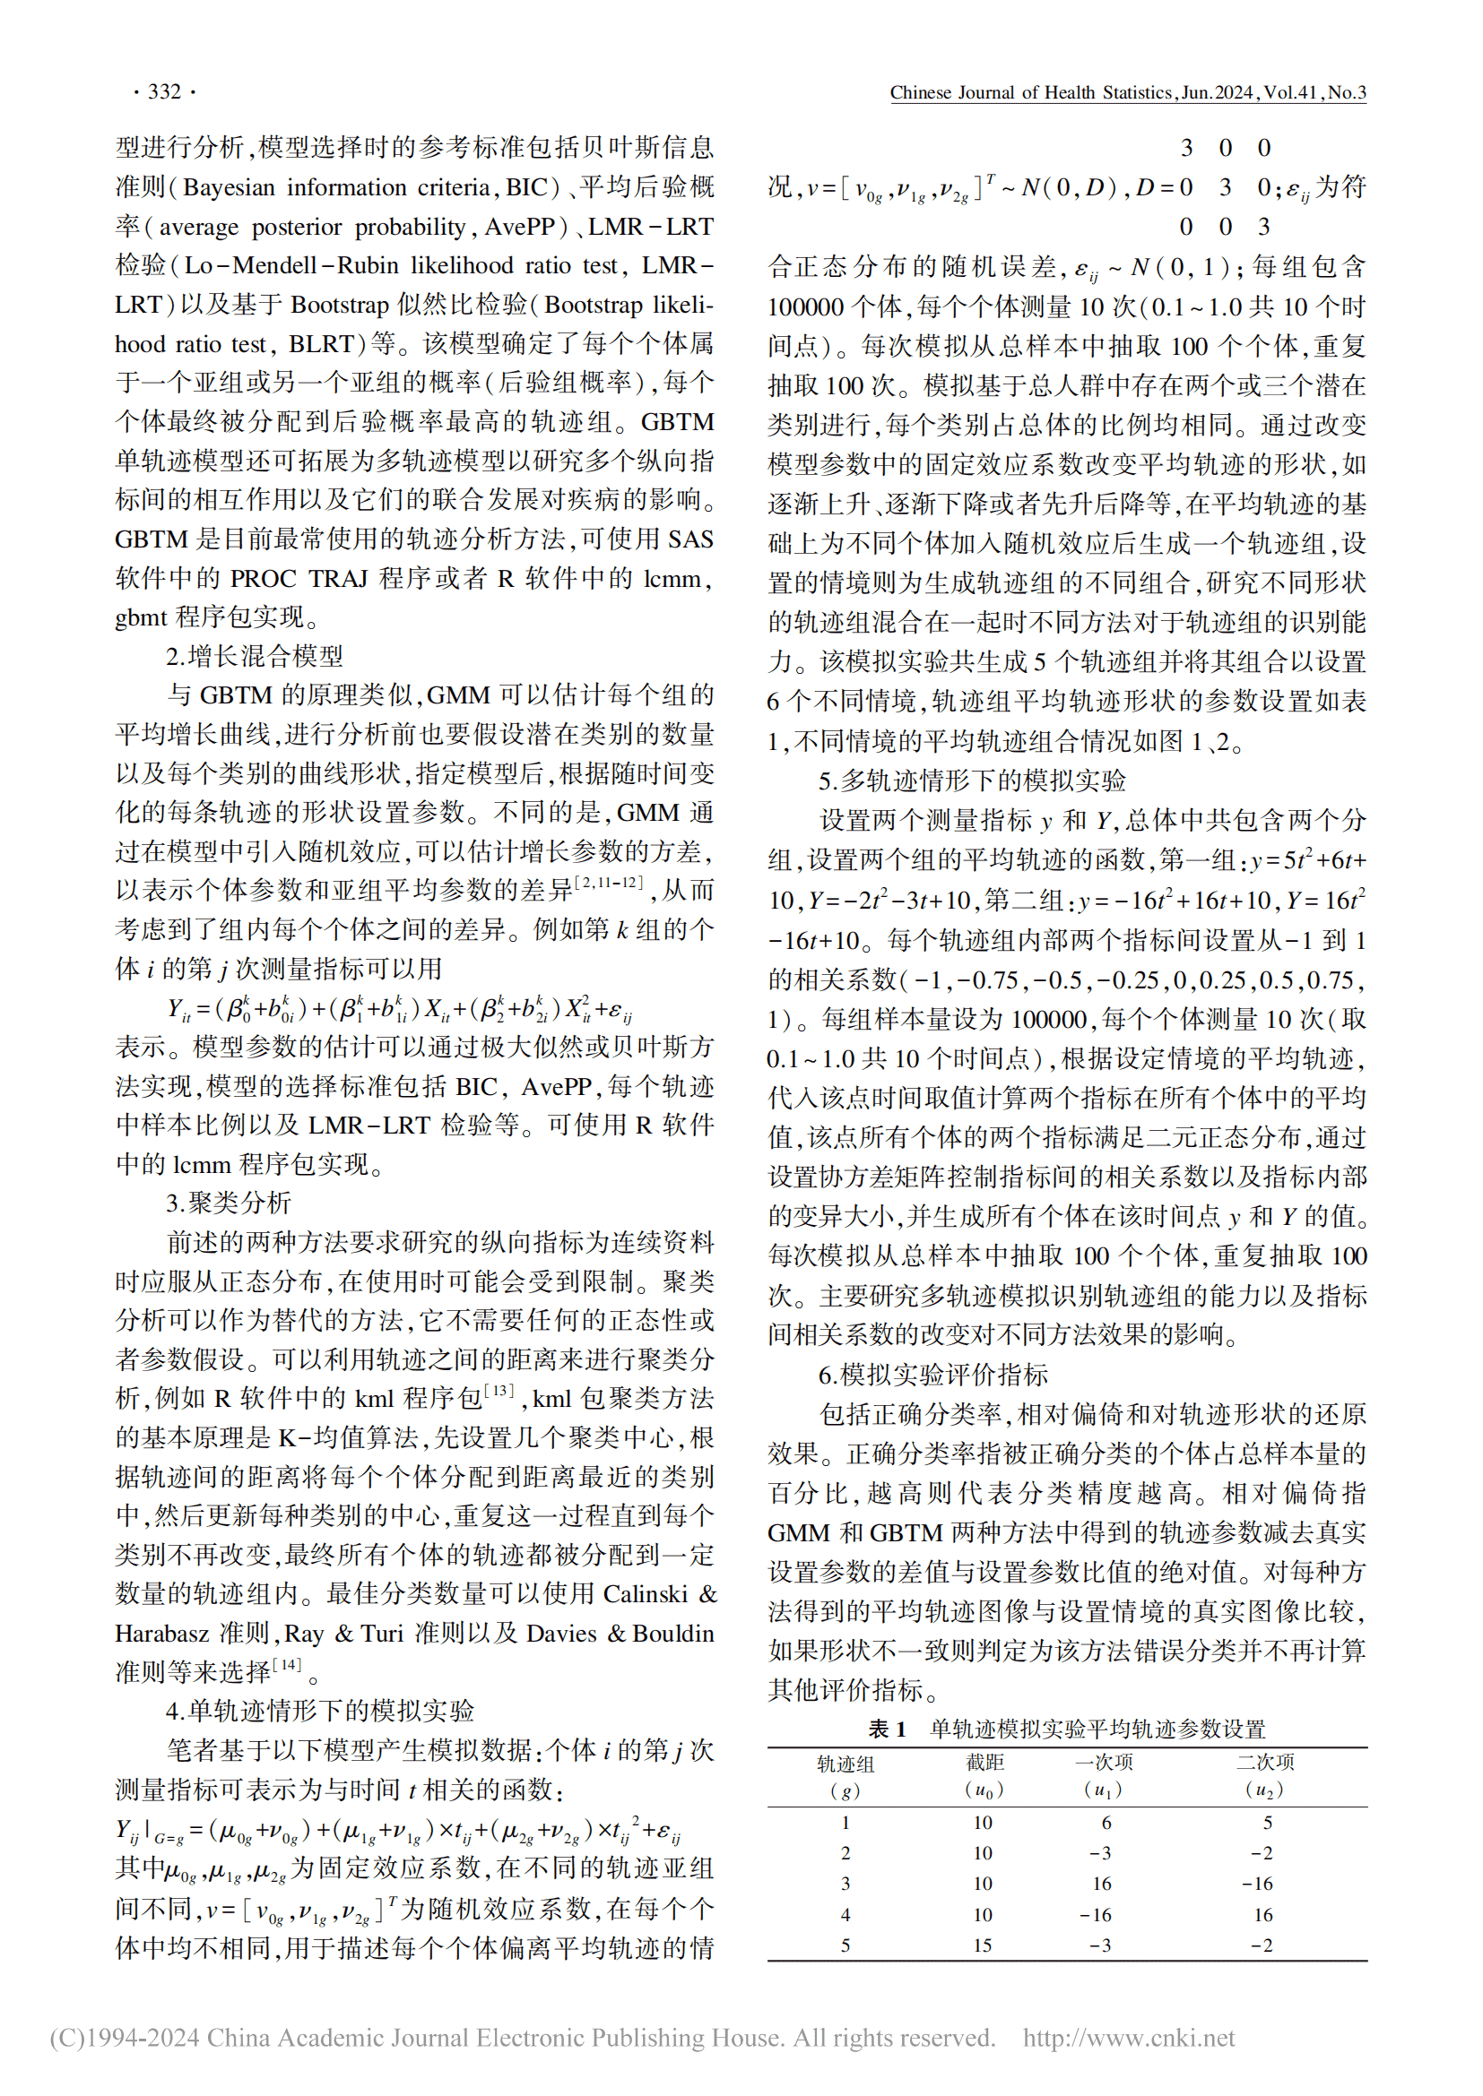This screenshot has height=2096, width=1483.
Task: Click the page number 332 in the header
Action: click(164, 91)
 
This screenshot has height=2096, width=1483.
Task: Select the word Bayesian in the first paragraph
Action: click(229, 187)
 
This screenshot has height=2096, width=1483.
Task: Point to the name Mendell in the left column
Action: click(282, 265)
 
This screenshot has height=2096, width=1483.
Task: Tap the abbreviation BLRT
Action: click(322, 344)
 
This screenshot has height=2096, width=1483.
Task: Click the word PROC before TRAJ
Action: click(263, 579)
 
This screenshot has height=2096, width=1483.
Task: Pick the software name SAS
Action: click(691, 539)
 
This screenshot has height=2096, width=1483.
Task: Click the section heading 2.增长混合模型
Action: click(255, 656)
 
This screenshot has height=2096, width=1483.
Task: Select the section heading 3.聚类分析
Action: click(229, 1203)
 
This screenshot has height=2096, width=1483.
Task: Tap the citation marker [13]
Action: click(499, 1391)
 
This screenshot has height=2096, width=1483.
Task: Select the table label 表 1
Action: click(887, 1729)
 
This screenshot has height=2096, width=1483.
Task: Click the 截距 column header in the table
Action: click(984, 1762)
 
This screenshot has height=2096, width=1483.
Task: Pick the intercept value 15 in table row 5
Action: click(983, 1945)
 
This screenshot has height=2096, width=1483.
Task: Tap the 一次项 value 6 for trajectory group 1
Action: click(1106, 1823)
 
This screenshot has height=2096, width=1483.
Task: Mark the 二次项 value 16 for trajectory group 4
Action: click(1263, 1914)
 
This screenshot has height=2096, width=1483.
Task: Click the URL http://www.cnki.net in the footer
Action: click(1129, 2038)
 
